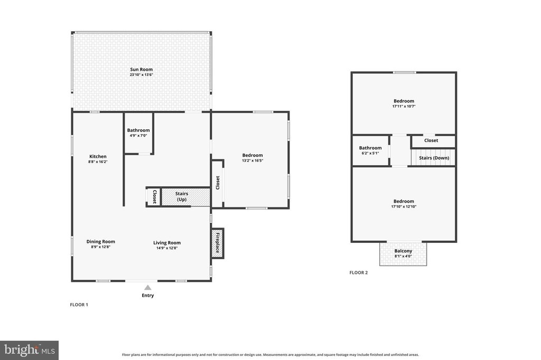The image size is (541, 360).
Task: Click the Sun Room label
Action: tap(141, 69)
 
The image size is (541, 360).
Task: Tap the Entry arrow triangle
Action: tap(148, 288)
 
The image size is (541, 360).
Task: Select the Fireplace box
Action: tap(217, 243)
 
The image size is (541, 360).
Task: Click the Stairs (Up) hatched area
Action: tap(185, 197)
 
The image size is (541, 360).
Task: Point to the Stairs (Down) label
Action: tap(434, 158)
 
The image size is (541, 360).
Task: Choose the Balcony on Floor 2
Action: tap(403, 253)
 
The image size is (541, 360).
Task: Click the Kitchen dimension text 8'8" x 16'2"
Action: tap(98, 162)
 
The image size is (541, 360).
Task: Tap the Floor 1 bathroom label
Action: tap(138, 130)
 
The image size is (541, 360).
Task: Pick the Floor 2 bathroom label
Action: tap(370, 148)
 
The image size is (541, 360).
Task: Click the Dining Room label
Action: tap(101, 242)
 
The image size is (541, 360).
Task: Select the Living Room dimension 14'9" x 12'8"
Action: tap(167, 248)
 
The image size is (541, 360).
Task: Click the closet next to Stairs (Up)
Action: tap(154, 197)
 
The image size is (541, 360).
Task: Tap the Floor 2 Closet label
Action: tap(431, 140)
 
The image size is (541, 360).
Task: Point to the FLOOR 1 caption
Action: tap(79, 305)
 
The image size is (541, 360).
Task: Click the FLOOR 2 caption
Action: tap(359, 273)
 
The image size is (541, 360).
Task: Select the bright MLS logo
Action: tap(30, 350)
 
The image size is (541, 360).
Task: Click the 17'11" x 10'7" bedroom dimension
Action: tap(404, 107)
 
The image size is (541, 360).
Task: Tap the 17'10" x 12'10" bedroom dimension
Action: tap(404, 207)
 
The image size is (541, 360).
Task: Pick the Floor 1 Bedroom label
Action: tap(253, 155)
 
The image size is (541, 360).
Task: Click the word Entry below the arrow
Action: tap(148, 296)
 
